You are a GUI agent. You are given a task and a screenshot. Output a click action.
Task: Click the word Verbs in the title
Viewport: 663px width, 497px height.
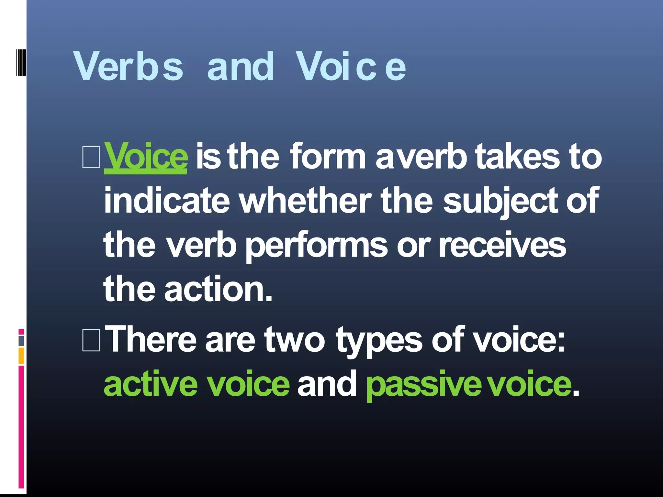[x=129, y=66]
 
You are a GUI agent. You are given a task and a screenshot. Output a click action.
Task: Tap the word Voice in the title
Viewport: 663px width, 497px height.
[x=351, y=66]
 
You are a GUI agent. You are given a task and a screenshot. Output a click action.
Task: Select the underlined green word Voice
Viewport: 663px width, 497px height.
[x=146, y=158]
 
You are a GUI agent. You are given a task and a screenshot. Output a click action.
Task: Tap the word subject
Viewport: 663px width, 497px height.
[x=500, y=201]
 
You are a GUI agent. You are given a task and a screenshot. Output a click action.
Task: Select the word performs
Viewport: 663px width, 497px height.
[x=316, y=245]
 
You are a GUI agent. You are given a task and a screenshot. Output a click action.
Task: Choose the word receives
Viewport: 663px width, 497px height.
[x=503, y=245]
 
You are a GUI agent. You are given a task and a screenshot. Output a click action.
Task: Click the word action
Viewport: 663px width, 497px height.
[x=219, y=289]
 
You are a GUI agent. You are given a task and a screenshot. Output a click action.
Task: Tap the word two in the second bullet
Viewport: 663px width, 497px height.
[x=295, y=339]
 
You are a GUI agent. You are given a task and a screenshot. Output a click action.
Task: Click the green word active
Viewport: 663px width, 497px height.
[x=151, y=384]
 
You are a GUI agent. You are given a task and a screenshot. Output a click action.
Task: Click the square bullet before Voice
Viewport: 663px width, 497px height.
[x=91, y=158]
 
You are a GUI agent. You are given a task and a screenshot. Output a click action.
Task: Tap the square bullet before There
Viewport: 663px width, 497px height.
[x=91, y=340]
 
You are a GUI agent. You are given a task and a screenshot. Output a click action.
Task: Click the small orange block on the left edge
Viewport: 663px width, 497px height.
[x=21, y=356]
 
